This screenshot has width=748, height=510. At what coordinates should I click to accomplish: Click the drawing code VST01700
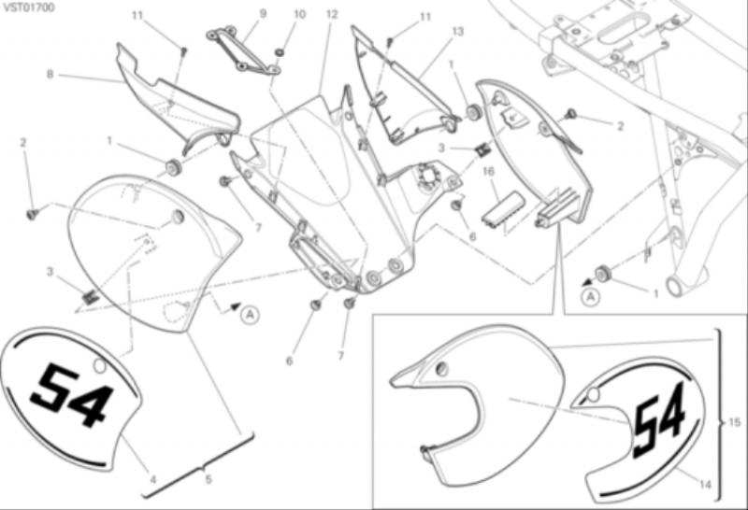[28, 7]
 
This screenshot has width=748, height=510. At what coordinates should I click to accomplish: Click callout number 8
[50, 75]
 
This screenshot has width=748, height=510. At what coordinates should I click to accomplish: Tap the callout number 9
[263, 14]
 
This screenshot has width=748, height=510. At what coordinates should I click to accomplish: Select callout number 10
[299, 14]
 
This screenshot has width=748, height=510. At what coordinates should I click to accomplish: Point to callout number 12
[332, 15]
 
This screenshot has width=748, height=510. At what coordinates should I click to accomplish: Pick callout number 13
[457, 32]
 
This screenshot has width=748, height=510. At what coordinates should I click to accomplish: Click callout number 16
[488, 172]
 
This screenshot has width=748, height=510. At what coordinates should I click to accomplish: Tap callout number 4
[153, 479]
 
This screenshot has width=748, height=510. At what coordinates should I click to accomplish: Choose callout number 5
[209, 479]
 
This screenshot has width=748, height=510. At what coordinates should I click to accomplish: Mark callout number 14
[705, 485]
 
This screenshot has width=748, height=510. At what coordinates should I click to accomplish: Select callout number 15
[735, 422]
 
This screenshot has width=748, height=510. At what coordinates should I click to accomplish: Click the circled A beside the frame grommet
[591, 297]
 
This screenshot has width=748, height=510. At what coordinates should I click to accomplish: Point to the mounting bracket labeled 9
[243, 50]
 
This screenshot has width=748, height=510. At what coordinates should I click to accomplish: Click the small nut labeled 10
[280, 51]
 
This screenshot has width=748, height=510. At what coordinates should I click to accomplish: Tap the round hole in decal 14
[593, 395]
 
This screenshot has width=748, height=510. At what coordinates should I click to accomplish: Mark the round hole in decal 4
[99, 366]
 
